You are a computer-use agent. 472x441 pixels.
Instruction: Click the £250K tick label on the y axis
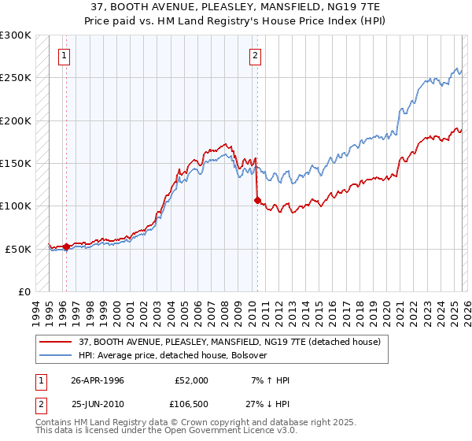tap(16, 78)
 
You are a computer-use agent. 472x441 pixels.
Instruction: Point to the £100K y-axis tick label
tap(16, 206)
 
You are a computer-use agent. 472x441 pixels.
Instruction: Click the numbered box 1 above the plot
tap(64, 55)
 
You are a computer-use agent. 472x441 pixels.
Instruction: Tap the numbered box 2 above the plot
tap(256, 55)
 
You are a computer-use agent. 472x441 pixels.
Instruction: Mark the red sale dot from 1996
tap(66, 246)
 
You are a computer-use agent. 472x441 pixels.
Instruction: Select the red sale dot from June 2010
tap(257, 200)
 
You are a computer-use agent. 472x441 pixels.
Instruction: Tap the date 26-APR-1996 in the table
tap(97, 380)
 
